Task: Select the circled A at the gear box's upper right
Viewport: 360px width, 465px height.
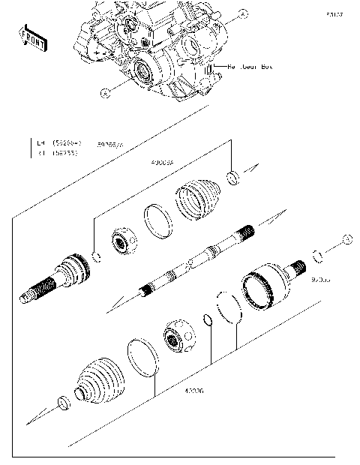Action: coord(242,14)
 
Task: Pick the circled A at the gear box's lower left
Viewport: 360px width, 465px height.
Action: coord(105,92)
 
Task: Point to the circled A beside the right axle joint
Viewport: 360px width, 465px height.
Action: coord(347,238)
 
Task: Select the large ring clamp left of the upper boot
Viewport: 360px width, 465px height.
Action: coord(157,221)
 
